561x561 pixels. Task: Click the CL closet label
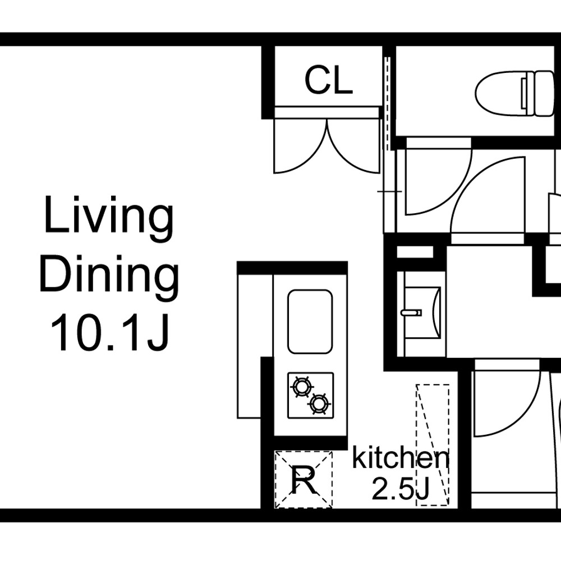(x=329, y=81)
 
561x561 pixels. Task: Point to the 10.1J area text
(x=109, y=333)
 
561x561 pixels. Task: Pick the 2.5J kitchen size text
(x=400, y=489)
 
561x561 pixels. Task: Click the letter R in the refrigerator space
(x=304, y=480)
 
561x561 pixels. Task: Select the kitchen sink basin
(x=310, y=321)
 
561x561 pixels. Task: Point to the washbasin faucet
(x=411, y=312)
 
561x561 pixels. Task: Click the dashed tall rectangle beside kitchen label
(x=433, y=445)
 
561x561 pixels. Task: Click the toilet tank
(x=544, y=93)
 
